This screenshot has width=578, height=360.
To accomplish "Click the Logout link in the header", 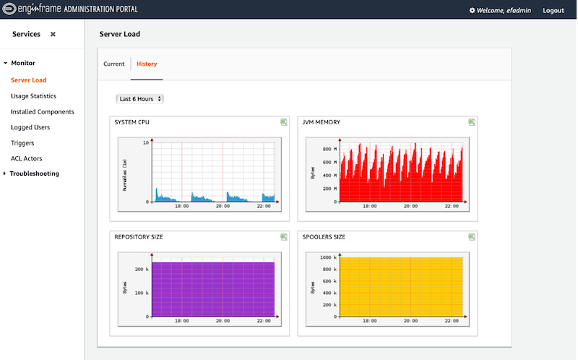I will click(553, 11).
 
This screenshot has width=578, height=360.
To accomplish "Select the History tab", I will click(147, 64).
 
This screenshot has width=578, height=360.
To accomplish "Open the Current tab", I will click(114, 64).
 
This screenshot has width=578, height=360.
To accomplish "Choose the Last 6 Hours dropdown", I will click(140, 98).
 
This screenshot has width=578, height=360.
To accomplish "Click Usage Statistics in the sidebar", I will click(33, 96).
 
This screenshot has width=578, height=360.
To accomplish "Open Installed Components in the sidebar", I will click(43, 112).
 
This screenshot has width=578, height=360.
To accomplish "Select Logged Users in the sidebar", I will click(30, 127).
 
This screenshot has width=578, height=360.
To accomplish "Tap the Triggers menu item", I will click(22, 143).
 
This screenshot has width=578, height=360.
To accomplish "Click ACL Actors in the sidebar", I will click(27, 158).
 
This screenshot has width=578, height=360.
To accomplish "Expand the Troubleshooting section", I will click(34, 173).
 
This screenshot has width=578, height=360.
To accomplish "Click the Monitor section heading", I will click(23, 64).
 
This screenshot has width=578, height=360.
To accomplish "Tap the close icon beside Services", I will click(53, 35).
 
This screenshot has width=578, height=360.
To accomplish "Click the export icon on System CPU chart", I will click(284, 122).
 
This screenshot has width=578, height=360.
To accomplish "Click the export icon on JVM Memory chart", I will click(472, 122).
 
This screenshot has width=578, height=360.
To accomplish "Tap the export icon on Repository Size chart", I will click(284, 236).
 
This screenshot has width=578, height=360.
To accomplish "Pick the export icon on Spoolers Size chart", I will click(472, 236).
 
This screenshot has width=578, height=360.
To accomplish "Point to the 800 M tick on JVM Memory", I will click(327, 149).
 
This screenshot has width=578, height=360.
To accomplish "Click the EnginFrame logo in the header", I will click(44, 10).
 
